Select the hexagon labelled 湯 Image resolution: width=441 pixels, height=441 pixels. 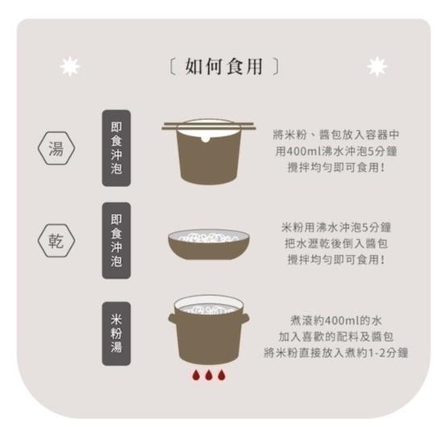click(x=56, y=149)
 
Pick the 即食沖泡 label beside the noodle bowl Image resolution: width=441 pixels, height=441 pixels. click(x=116, y=241)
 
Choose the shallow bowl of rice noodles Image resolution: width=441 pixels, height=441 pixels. click(x=209, y=244)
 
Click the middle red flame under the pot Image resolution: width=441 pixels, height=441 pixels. click(x=209, y=377)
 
